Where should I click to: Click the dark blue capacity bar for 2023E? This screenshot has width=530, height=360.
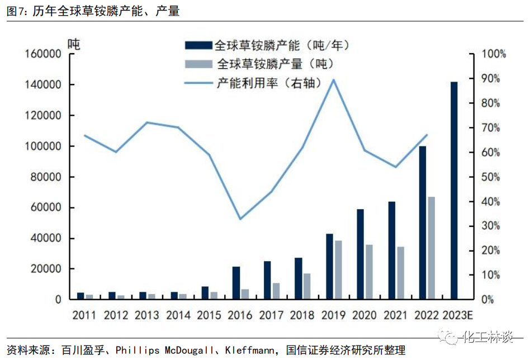(x=454, y=190)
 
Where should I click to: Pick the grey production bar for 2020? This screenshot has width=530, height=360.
(x=369, y=272)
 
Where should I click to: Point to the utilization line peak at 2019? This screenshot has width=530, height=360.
(x=334, y=79)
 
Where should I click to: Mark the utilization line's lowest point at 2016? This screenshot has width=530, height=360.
(x=240, y=219)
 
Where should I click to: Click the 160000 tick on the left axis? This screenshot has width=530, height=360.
(x=43, y=54)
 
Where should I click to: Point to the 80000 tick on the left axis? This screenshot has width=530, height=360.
(x=46, y=177)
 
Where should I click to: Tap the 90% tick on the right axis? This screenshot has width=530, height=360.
(x=494, y=79)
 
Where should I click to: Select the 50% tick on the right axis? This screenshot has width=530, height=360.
(x=494, y=177)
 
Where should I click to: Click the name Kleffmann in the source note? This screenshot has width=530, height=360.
(x=250, y=350)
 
